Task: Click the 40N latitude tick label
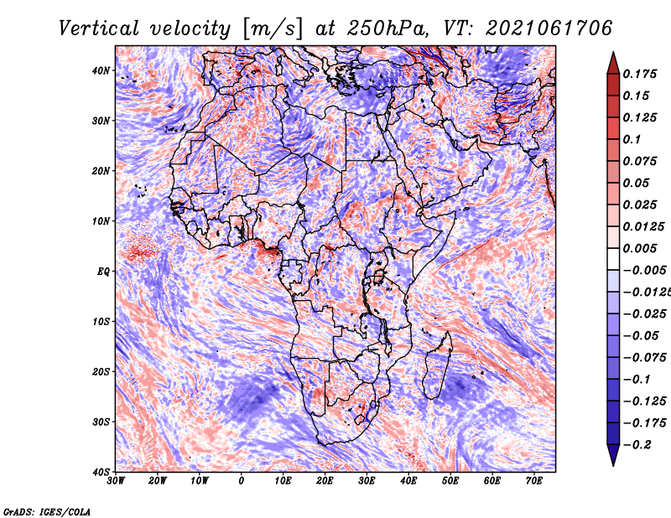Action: [x=101, y=70]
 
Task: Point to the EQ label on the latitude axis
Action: [x=103, y=272]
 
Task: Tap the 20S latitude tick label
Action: [x=101, y=371]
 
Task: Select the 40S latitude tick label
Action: [x=101, y=472]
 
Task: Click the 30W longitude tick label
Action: [x=116, y=481]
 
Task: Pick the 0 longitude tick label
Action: [x=242, y=481]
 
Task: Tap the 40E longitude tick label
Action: [x=408, y=481]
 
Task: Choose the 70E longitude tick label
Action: [x=534, y=481]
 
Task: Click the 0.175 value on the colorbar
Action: [x=640, y=74]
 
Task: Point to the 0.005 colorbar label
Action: [x=640, y=248]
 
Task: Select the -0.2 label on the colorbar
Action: [x=637, y=444]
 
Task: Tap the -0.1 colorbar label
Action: [x=637, y=379]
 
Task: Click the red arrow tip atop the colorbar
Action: [x=613, y=53]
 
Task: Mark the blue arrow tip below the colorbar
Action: [x=613, y=465]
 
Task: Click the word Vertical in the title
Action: [x=99, y=28]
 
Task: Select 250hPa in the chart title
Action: [x=388, y=28]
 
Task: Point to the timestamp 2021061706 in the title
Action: [x=549, y=28]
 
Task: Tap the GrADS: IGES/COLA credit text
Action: [x=47, y=511]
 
